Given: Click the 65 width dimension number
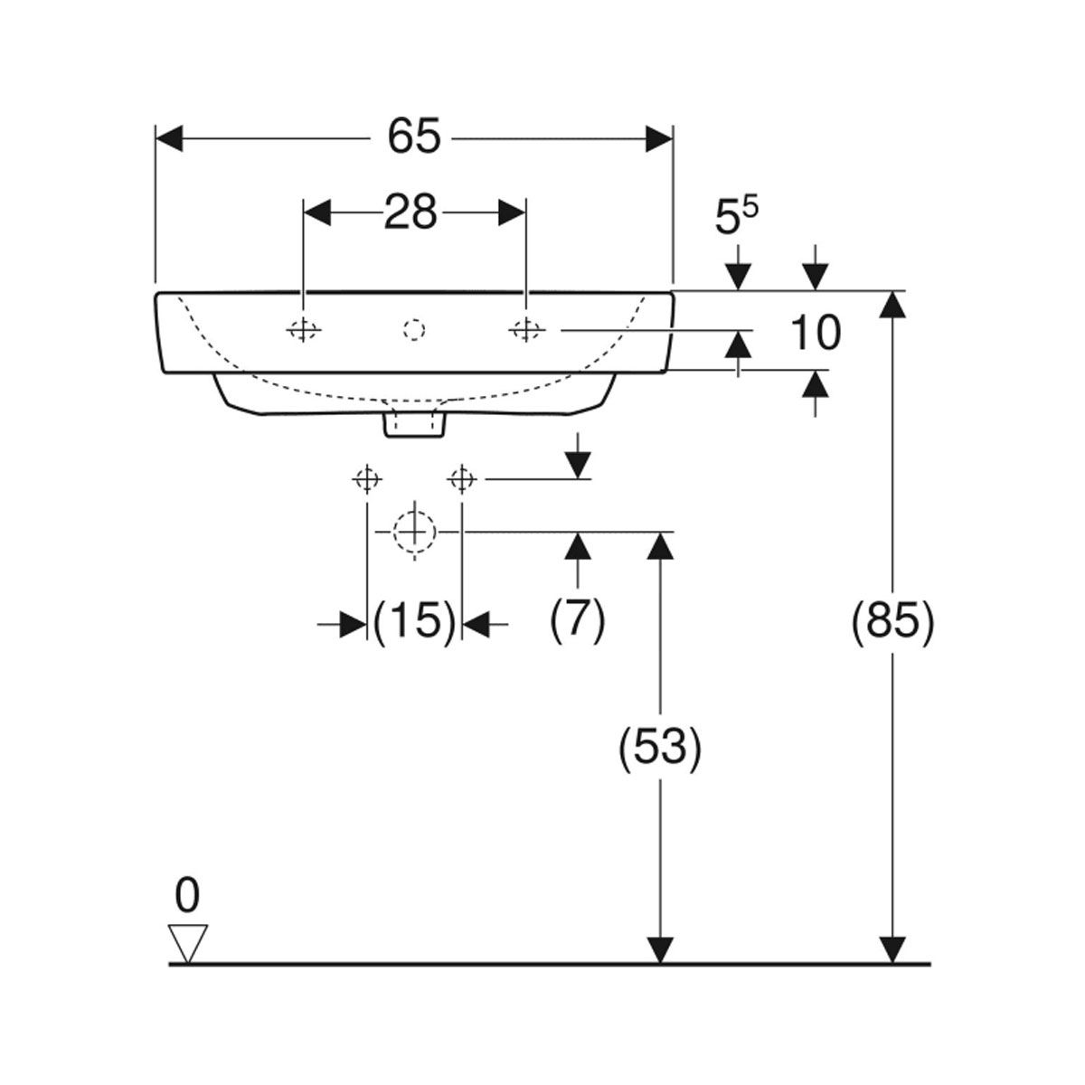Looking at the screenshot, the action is click(414, 136).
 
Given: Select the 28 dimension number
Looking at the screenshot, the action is click(410, 212).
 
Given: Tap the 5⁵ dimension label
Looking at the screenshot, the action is click(737, 216).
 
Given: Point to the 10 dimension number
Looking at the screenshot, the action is click(816, 333).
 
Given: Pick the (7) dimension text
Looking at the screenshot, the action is click(577, 621).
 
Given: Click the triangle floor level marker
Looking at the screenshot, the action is click(188, 944).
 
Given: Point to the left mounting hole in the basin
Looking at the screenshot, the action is click(304, 329).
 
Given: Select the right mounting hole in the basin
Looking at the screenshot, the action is click(526, 329).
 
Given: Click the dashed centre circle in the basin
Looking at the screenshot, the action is click(414, 330).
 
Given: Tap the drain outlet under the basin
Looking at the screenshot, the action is click(414, 425).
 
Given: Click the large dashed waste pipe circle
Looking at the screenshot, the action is click(415, 532).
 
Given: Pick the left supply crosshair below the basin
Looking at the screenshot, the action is click(367, 480).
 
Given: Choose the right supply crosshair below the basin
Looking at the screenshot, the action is click(462, 480).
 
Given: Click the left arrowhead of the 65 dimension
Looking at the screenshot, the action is click(169, 138).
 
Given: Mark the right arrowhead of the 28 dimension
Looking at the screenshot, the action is click(512, 212).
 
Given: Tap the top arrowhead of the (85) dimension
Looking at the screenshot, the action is click(892, 304).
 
